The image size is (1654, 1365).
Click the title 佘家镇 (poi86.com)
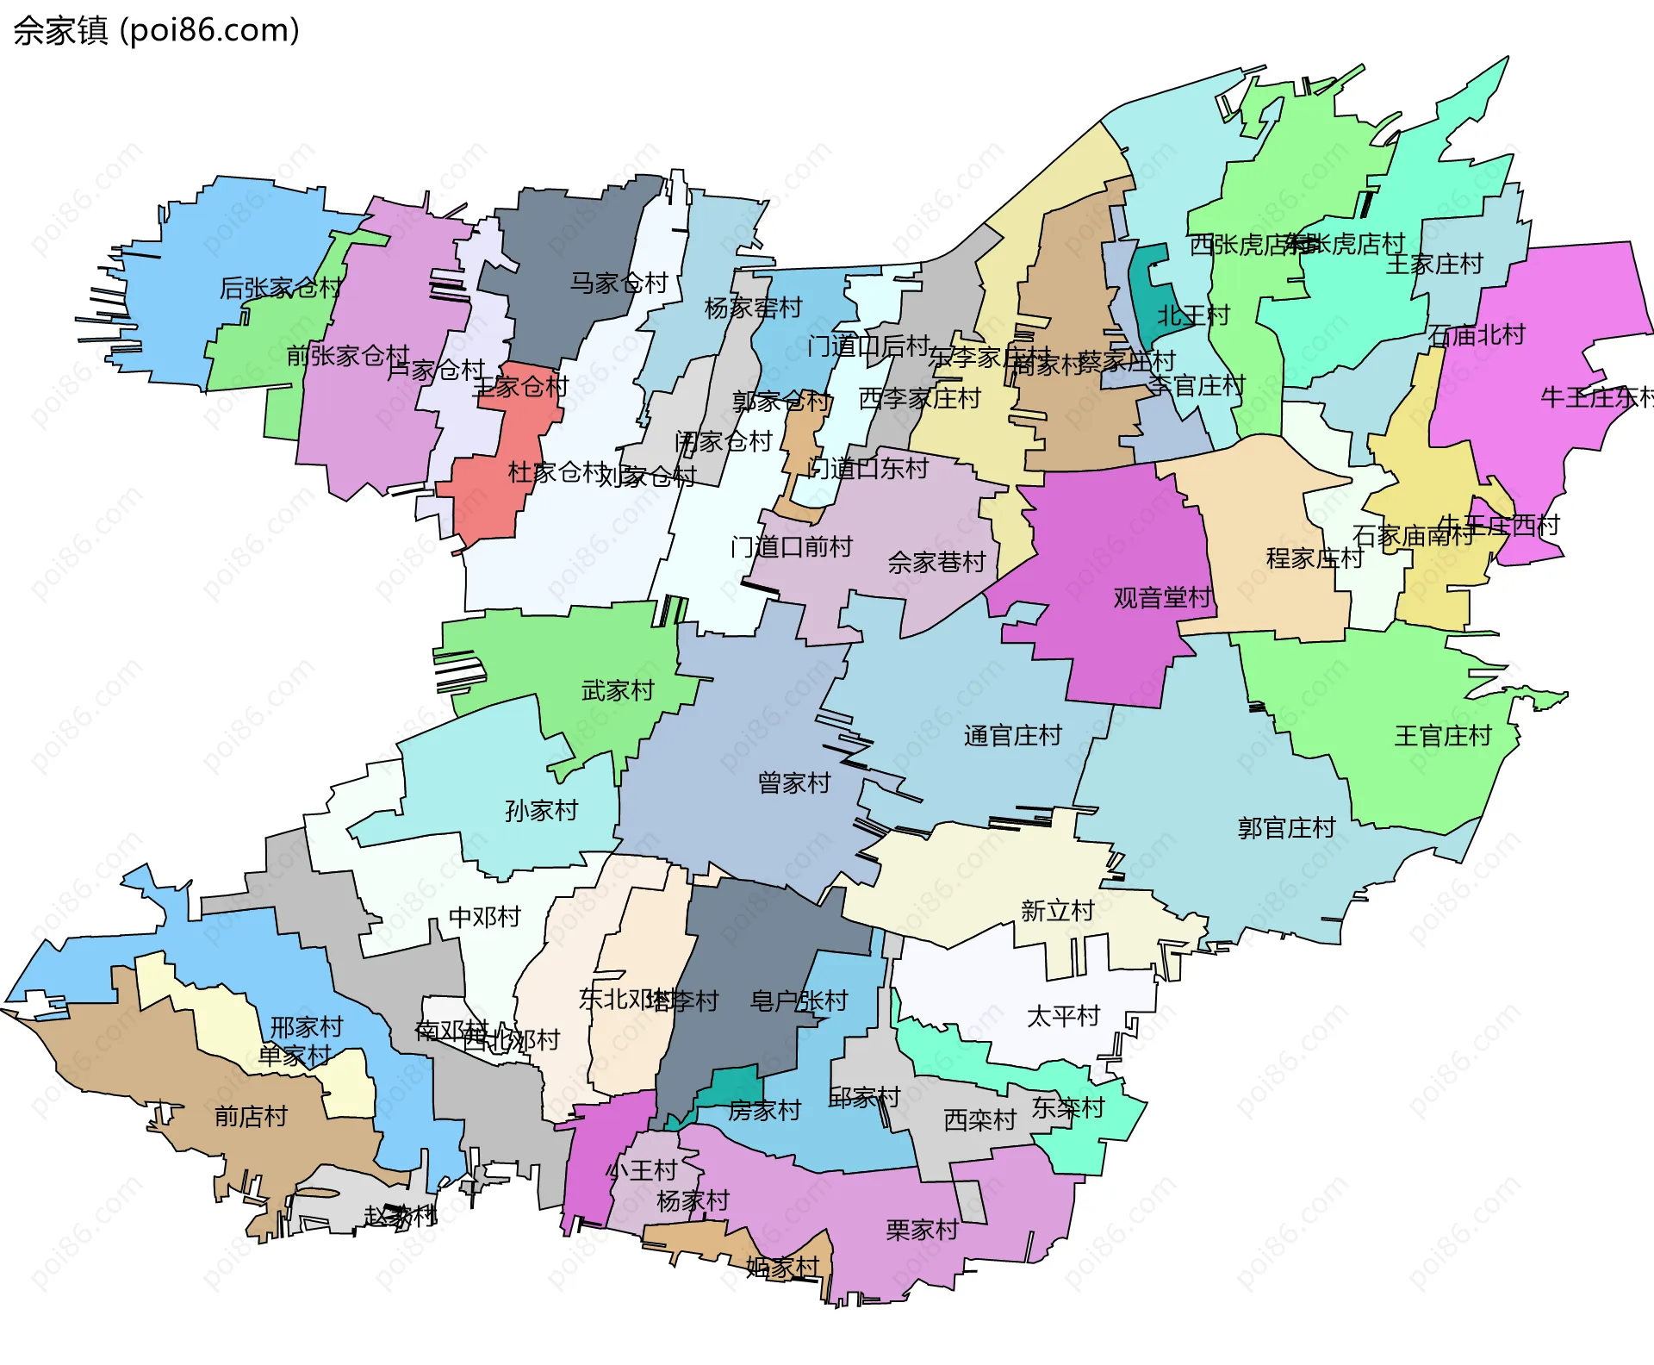156,31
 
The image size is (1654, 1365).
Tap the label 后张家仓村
280,288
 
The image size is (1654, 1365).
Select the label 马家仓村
619,283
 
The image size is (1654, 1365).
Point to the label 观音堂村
1162,597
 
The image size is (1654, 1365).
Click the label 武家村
618,690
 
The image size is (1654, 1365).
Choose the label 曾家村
793,782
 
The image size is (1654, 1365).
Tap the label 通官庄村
1012,736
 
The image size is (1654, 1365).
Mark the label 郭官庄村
1286,828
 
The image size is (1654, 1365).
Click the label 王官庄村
1443,736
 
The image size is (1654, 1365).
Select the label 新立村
1057,911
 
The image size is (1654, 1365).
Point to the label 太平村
1063,1016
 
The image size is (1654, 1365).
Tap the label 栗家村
922,1230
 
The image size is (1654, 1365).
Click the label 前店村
251,1117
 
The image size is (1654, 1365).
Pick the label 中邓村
485,917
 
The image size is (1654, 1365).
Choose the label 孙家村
541,810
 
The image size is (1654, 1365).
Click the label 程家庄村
1315,558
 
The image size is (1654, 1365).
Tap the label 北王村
1193,315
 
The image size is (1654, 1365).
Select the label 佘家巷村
936,563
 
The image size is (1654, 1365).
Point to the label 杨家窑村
753,308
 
